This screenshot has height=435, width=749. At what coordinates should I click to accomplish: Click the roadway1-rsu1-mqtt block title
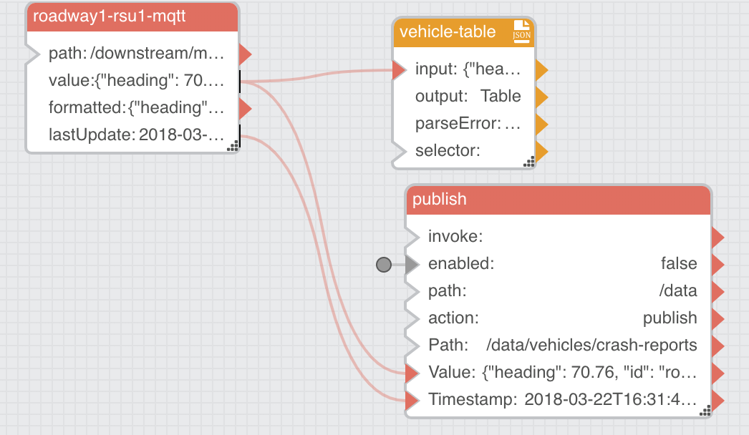point(109,16)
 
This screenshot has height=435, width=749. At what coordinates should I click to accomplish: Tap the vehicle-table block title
point(448,31)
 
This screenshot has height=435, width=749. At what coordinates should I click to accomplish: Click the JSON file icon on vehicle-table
point(521,31)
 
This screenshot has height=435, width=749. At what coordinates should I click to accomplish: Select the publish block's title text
point(440,199)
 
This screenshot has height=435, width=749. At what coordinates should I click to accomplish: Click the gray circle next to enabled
point(384,265)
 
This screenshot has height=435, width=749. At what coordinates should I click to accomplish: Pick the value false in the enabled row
point(679,263)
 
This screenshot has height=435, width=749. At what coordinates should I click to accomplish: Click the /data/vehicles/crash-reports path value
point(591,346)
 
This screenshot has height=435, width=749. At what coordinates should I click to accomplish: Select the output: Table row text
point(468,96)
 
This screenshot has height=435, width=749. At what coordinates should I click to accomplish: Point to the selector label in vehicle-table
point(448,151)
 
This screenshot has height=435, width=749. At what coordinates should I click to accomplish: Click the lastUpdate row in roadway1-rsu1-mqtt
point(136,135)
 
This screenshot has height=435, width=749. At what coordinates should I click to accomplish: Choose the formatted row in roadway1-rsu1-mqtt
point(136,107)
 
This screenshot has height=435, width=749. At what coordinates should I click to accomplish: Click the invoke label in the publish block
point(455,236)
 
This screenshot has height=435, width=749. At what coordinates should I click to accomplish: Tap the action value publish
point(670,318)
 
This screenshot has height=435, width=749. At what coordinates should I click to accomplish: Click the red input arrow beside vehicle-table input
point(399,69)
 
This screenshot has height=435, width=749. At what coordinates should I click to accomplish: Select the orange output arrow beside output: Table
point(541,97)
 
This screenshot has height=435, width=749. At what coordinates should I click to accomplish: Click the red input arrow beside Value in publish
point(412,373)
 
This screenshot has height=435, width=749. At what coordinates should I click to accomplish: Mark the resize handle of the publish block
point(705,411)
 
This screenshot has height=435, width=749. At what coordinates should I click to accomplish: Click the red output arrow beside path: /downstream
point(245,54)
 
